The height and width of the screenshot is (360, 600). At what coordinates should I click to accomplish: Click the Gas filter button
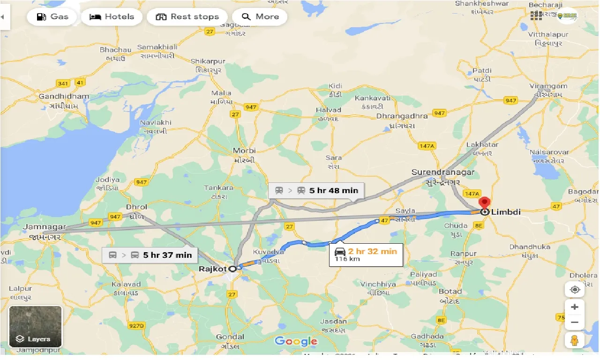(52, 17)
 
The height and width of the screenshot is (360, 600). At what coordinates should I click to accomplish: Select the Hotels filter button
(112, 17)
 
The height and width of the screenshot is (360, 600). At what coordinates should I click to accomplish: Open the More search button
(260, 17)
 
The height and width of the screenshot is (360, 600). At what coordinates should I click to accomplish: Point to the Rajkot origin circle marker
(232, 269)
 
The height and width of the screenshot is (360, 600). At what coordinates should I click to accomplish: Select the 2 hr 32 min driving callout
(366, 254)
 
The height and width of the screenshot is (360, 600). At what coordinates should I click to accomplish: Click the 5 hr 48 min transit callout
(316, 190)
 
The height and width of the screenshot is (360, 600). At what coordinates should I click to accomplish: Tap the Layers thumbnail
(36, 327)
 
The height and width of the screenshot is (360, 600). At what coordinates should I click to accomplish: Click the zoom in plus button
(575, 307)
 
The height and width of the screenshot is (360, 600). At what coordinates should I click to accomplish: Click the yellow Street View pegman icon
(575, 340)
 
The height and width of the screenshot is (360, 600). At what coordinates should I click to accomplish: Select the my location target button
(575, 290)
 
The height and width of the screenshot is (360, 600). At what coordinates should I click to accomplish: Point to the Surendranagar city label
(442, 172)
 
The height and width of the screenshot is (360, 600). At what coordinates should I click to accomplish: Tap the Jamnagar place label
(44, 227)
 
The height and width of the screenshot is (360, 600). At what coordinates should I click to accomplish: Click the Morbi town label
(245, 151)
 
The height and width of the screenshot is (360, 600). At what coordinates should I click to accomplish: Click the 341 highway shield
(62, 83)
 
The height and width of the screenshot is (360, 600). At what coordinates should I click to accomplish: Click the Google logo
(296, 341)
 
